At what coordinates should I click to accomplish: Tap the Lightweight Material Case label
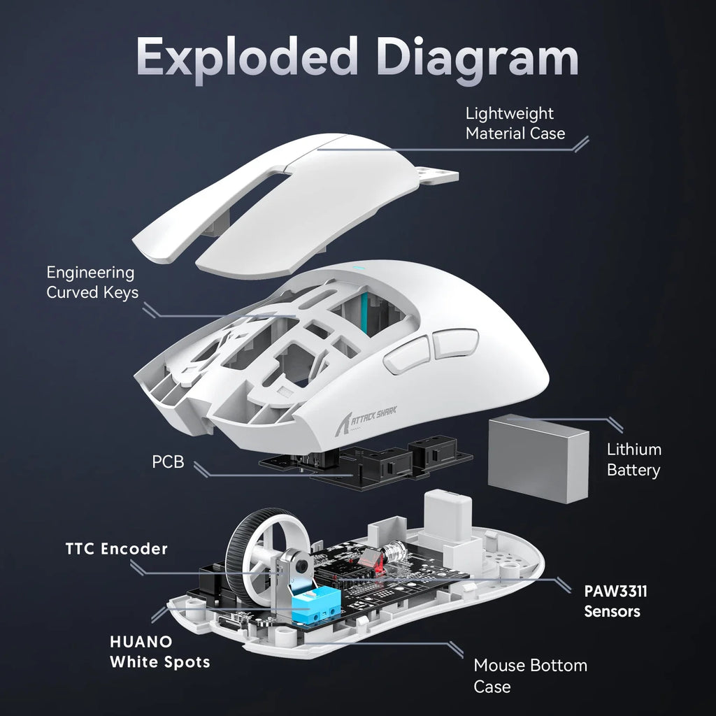pyautogui.click(x=515, y=123)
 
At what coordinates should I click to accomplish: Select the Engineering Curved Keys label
pyautogui.click(x=92, y=282)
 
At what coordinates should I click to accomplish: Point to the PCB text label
pyautogui.click(x=169, y=461)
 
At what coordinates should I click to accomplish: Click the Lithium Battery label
pyautogui.click(x=633, y=459)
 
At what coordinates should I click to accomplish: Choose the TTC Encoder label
pyautogui.click(x=117, y=549)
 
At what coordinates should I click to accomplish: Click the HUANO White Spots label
pyautogui.click(x=159, y=651)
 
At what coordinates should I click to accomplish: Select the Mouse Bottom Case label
pyautogui.click(x=530, y=675)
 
